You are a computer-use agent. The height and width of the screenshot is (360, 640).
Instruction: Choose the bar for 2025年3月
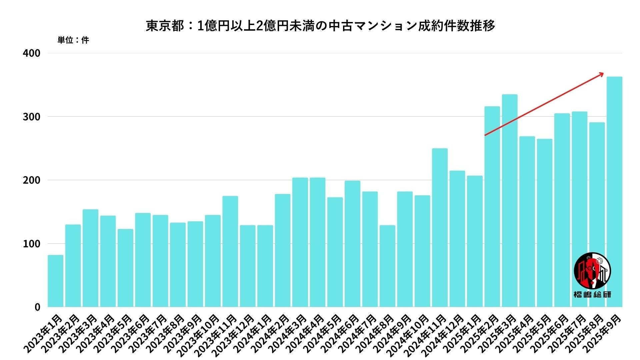tap(510, 200)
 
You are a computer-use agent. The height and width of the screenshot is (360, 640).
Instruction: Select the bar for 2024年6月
tap(352, 243)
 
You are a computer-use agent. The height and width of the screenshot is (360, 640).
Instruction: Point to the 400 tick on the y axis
tap(31, 53)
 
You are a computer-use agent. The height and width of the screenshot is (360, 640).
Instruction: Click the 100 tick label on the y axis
tap(31, 244)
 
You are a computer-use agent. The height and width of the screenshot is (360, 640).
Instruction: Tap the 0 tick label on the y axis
tap(37, 307)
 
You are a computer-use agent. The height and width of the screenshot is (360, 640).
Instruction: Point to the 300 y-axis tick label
tap(31, 117)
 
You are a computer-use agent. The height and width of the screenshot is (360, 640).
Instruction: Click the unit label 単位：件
tap(73, 40)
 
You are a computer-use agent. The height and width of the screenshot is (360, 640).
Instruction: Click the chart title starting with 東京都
tap(320, 26)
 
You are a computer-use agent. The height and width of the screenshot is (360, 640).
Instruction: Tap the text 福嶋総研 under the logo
tap(592, 294)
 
